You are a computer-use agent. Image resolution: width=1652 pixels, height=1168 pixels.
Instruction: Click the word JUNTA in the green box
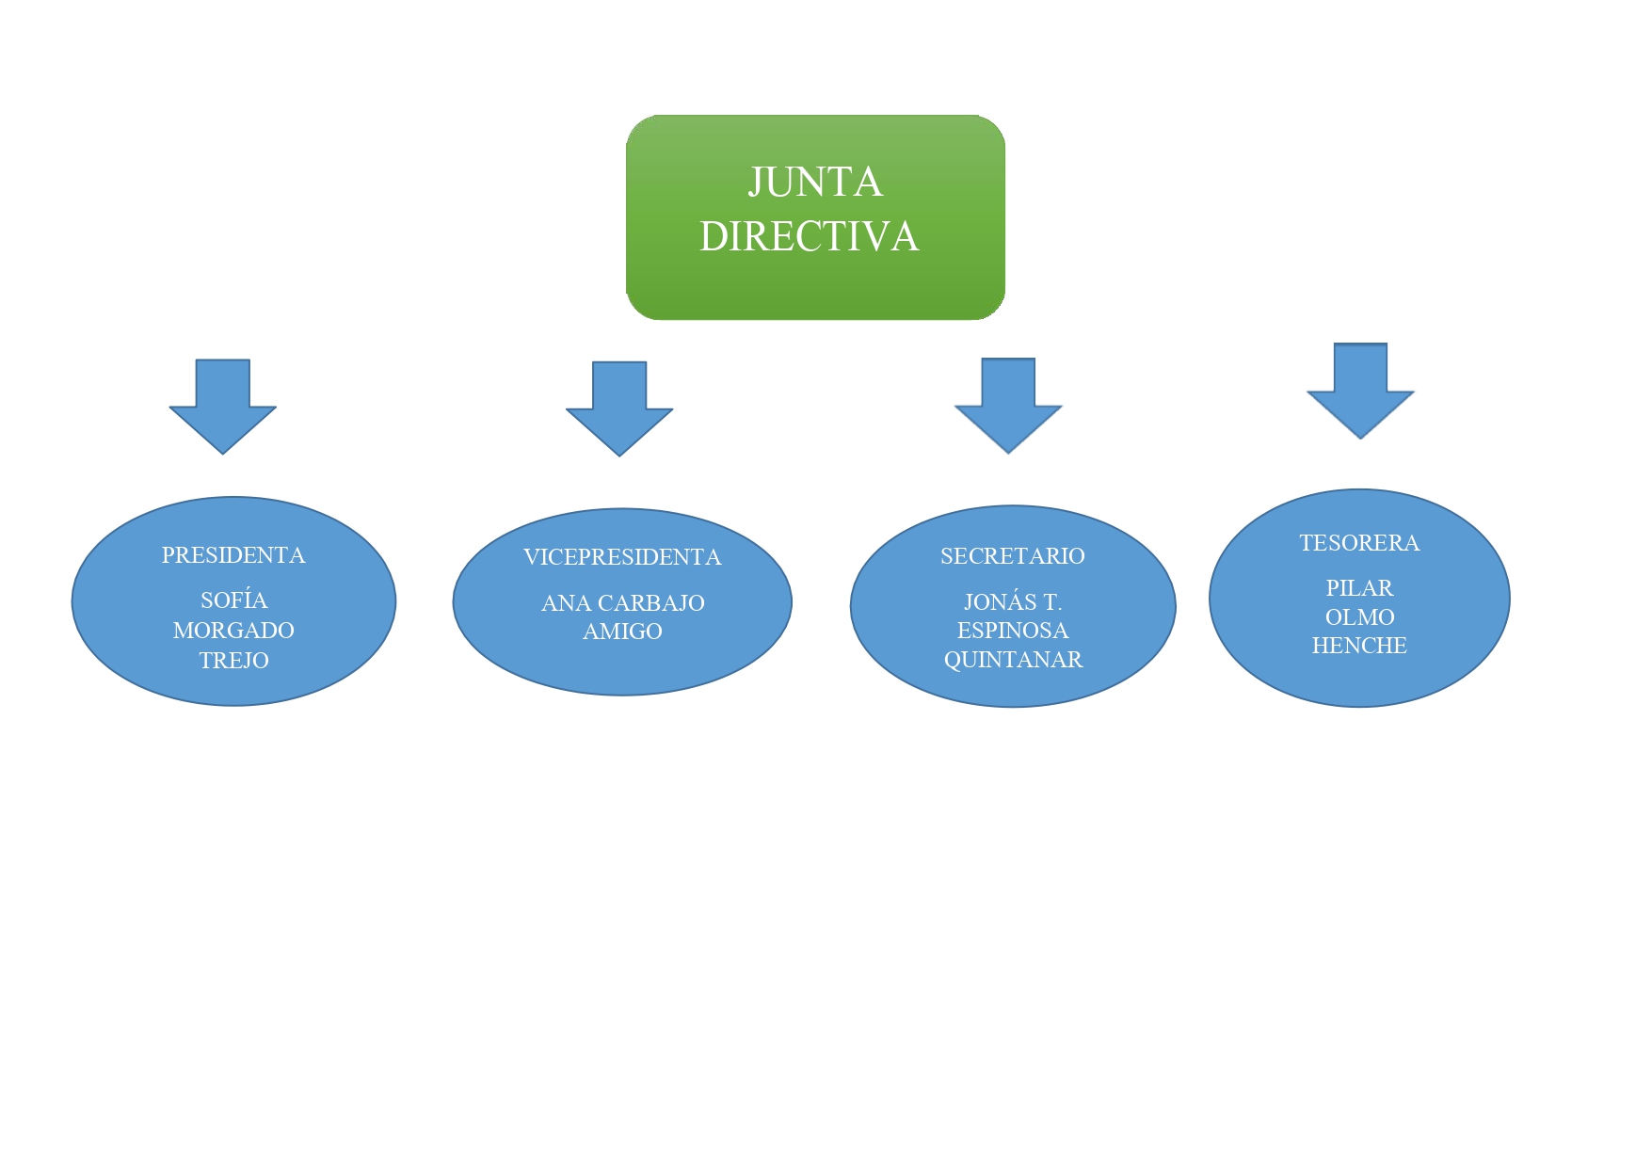815,183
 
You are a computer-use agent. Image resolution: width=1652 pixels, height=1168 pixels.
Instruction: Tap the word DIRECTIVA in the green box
810,237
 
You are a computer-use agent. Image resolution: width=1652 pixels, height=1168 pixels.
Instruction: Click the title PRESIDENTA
233,555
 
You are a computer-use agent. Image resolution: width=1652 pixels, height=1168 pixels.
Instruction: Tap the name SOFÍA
234,600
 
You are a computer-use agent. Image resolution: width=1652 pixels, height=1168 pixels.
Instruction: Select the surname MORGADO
233,631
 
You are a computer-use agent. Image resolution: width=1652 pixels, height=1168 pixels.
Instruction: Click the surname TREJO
234,661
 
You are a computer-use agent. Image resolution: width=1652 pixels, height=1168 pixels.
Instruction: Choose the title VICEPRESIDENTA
622,557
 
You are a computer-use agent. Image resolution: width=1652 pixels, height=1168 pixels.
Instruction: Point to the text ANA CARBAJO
622,603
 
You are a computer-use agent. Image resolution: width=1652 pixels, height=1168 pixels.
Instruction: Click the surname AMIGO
622,632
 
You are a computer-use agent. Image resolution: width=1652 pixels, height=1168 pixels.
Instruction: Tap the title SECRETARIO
1013,556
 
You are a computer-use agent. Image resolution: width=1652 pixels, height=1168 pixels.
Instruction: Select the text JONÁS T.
1013,602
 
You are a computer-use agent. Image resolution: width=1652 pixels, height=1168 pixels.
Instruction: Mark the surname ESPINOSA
1013,631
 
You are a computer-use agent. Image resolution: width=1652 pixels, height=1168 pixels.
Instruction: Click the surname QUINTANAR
1013,660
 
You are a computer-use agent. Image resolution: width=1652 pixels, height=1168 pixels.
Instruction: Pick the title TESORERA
1359,543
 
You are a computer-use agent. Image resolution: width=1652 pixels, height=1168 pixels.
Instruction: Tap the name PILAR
1359,588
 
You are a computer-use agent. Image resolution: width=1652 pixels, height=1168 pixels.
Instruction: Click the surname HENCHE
1359,646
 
